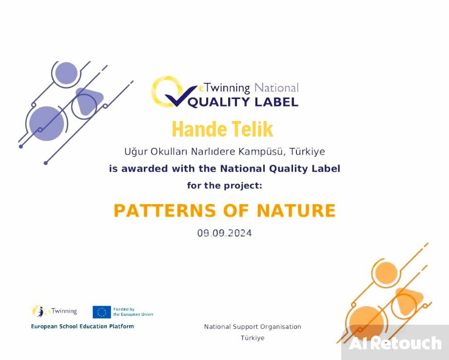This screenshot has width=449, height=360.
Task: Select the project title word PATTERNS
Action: coord(164,210)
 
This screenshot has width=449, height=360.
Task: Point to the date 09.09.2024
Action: coord(224,233)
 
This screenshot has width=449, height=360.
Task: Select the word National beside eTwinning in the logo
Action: coord(276,88)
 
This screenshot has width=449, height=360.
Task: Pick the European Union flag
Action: coord(101,312)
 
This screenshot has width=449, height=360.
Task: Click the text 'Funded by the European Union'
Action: coord(133,312)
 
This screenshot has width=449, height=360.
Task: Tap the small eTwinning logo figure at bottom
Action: coord(38,311)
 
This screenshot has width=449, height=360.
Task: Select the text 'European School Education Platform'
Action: coord(82,326)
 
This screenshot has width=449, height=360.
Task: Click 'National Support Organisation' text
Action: coord(253,327)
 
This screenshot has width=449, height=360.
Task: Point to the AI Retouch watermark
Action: coord(395,343)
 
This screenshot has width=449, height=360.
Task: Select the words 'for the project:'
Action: coord(224,185)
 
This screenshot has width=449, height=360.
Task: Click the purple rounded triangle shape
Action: coord(89,101)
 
